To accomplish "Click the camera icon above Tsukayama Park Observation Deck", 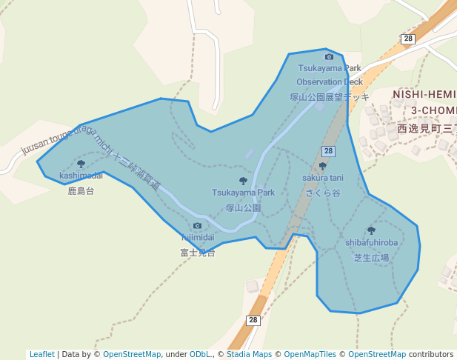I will pyautogui.click(x=329, y=56).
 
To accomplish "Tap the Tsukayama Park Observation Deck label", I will pyautogui.click(x=330, y=75).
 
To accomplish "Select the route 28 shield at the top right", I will pyautogui.click(x=408, y=39).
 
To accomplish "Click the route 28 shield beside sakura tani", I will pyautogui.click(x=329, y=151).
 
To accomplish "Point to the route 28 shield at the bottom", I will pyautogui.click(x=253, y=320).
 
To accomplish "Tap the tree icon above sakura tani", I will pyautogui.click(x=322, y=167).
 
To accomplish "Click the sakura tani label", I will pyautogui.click(x=323, y=178).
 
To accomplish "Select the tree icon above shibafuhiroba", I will pyautogui.click(x=371, y=230).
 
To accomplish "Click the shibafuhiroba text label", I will pyautogui.click(x=371, y=242).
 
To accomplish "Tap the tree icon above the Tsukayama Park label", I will pyautogui.click(x=243, y=181).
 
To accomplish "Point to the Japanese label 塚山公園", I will pyautogui.click(x=243, y=208).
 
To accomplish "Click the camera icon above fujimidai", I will pyautogui.click(x=197, y=226).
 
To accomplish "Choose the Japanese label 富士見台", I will pyautogui.click(x=198, y=253).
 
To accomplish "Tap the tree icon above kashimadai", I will pyautogui.click(x=81, y=164).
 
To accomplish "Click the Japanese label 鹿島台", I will pyautogui.click(x=81, y=191).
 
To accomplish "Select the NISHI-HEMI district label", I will pyautogui.click(x=424, y=95).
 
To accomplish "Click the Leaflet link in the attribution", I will pyautogui.click(x=41, y=355).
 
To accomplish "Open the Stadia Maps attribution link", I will pyautogui.click(x=248, y=355).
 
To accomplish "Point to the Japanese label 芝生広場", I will pyautogui.click(x=371, y=258).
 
